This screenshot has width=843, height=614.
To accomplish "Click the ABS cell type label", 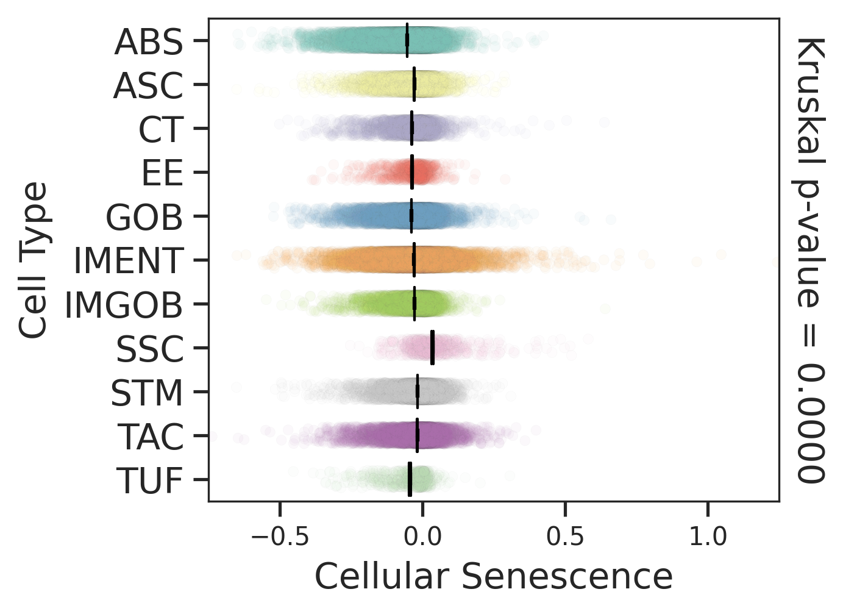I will coord(149,43).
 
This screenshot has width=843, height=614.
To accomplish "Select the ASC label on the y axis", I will coord(148,86).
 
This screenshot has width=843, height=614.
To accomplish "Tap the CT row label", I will coord(161,130).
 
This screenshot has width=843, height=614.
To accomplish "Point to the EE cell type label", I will coord(162,174).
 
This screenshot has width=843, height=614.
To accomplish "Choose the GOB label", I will coord(144,218).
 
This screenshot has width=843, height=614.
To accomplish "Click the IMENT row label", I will coord(128,262).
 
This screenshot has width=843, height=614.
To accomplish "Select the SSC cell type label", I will coord(150,349).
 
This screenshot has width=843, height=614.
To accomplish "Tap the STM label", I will coord(147,393).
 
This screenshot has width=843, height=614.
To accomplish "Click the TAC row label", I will coord(150,437).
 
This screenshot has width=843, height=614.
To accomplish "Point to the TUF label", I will coord(150,481).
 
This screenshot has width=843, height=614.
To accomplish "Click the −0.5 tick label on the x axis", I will coord(280,537).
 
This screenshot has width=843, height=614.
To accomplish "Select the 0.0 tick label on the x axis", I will coord(422,537).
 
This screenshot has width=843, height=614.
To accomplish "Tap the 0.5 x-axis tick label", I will coord(565,537).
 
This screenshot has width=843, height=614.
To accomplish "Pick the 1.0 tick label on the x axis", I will coord(708,537).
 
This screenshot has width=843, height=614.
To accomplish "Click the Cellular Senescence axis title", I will coord(494,576).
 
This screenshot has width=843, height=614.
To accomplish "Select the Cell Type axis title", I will coord(33,260).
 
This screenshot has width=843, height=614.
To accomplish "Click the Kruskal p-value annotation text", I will coord(811,260).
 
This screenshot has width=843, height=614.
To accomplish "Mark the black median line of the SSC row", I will coord(432,348).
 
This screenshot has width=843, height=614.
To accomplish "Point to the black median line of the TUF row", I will coord(410,479).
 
